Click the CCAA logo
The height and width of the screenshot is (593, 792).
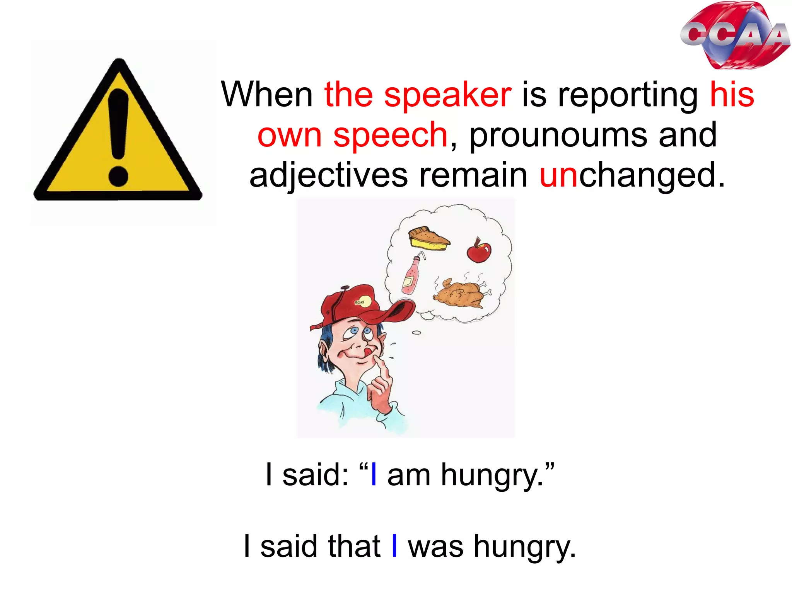pyautogui.click(x=735, y=36)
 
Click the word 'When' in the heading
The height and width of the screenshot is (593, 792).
pyautogui.click(x=267, y=95)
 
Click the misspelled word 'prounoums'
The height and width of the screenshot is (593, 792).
pyautogui.click(x=558, y=135)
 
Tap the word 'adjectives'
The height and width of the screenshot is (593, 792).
pyautogui.click(x=328, y=176)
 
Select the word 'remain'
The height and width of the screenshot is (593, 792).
pyautogui.click(x=474, y=175)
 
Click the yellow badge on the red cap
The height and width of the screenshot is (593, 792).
pyautogui.click(x=362, y=302)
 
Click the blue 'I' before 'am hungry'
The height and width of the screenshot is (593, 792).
pyautogui.click(x=374, y=475)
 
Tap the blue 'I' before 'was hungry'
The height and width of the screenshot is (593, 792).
pyautogui.click(x=394, y=546)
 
